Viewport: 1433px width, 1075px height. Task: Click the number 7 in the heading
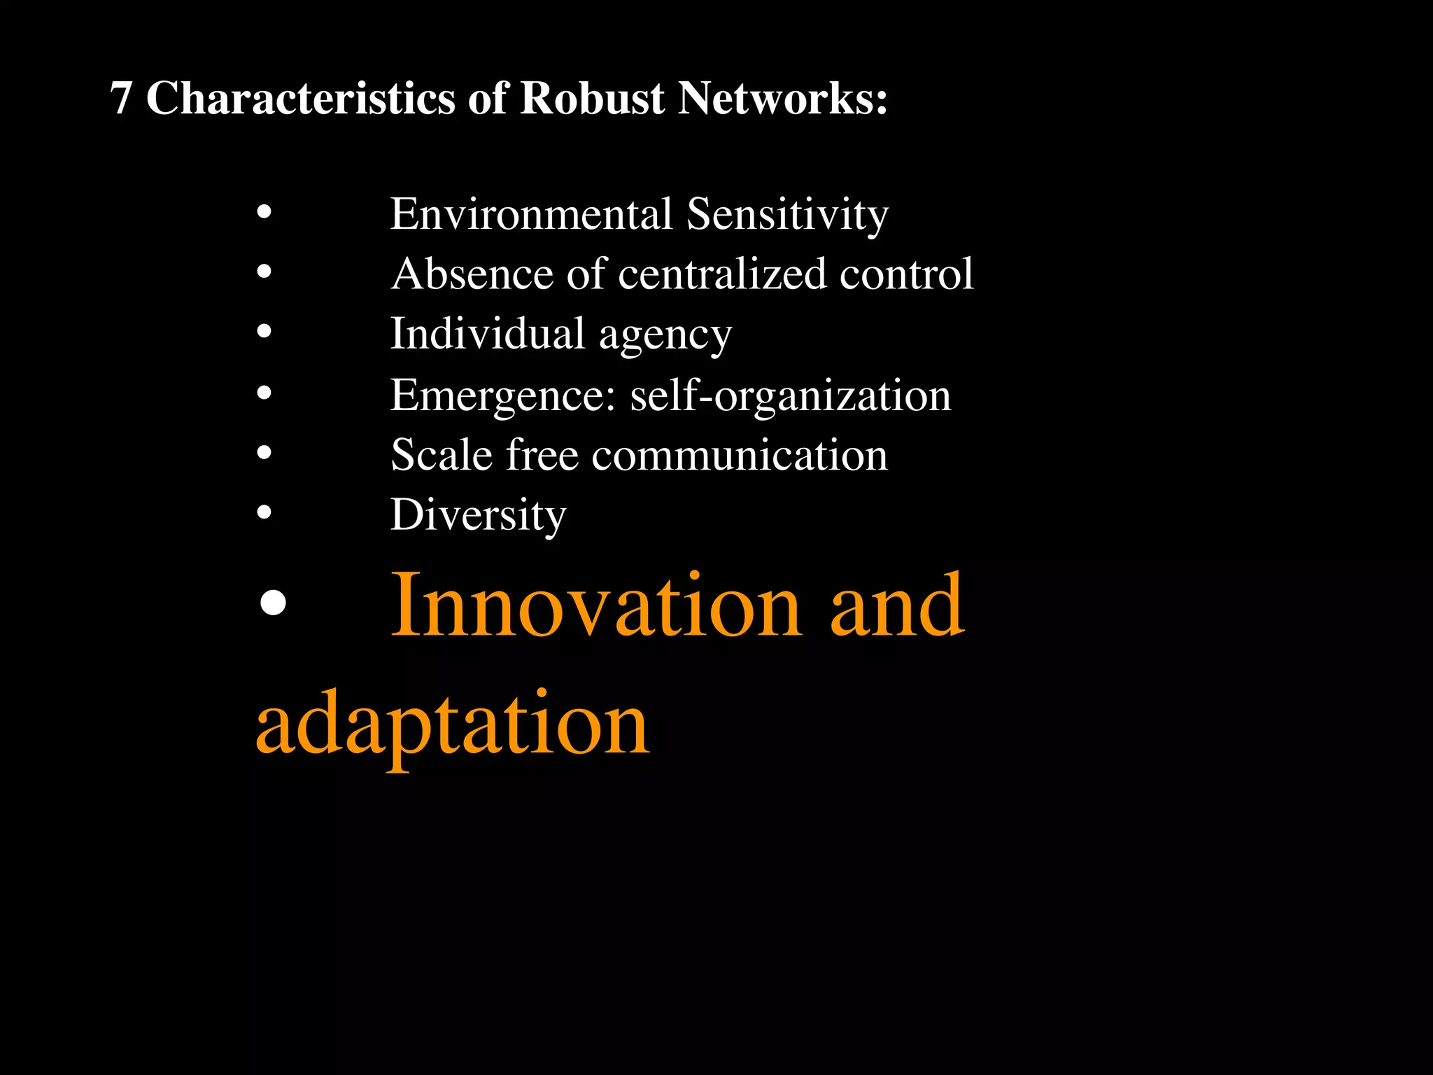click(121, 98)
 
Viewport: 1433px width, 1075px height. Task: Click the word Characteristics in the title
click(300, 98)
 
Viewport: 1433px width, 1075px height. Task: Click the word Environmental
click(531, 213)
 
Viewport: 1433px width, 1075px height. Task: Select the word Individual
click(487, 333)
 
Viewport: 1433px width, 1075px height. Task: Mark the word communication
click(740, 456)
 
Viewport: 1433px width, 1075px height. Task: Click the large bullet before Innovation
click(272, 602)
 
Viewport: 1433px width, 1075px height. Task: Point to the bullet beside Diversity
click(264, 512)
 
